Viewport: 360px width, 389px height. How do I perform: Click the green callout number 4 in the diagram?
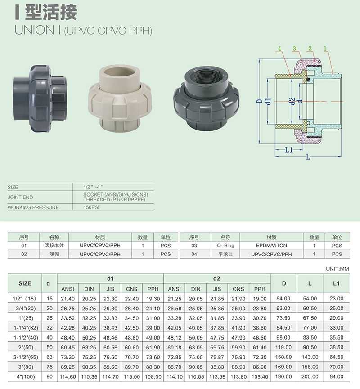click(x=279, y=49)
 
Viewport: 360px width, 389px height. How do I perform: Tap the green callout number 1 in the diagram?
click(x=325, y=49)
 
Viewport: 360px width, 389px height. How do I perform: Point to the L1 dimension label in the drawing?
click(x=289, y=150)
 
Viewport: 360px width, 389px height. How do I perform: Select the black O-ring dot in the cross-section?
click(x=308, y=80)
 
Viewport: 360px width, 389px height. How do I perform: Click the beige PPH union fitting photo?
click(x=120, y=98)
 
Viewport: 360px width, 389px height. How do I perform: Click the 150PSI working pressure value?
click(x=91, y=207)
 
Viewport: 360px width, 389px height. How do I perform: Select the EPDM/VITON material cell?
click(x=271, y=246)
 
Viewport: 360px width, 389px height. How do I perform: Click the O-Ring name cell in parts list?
click(x=225, y=246)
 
